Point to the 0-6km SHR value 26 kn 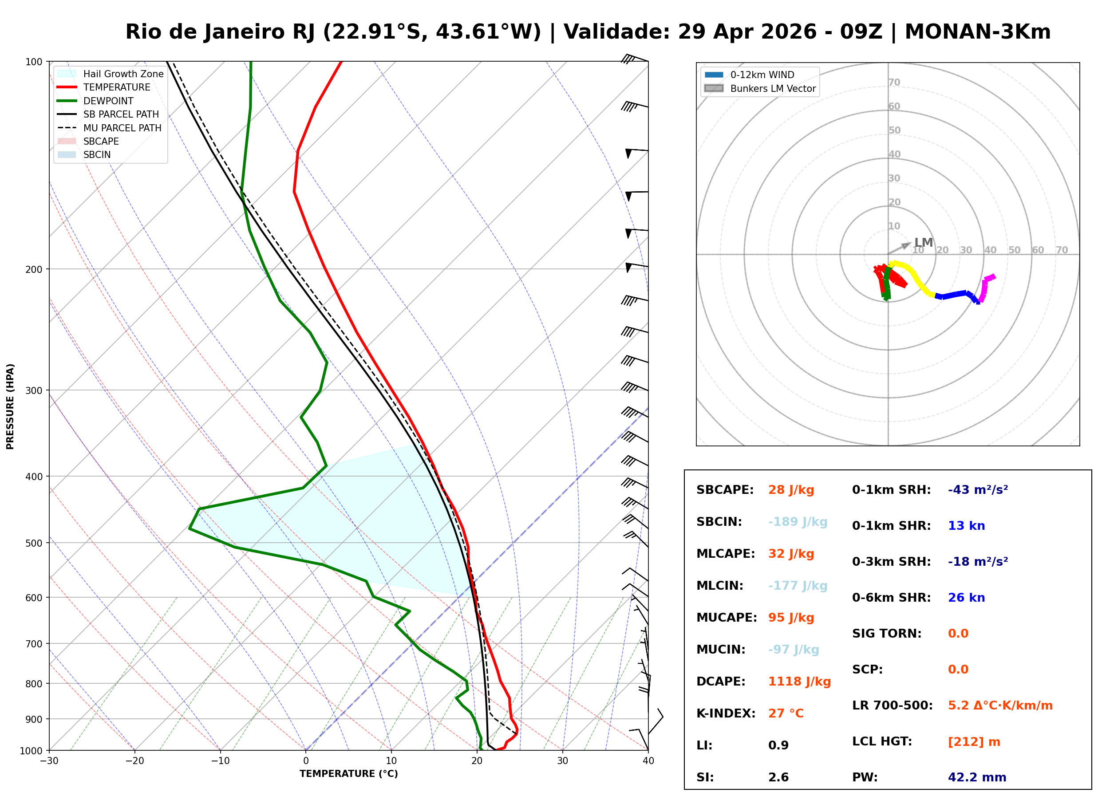966,598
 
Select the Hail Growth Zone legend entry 123,74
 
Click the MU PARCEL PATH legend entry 122,128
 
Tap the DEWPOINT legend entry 108,101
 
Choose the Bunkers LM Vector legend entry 772,88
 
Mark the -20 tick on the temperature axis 134,761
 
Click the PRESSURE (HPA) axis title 10,406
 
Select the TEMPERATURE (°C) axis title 348,774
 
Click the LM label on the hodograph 923,243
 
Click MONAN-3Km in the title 977,32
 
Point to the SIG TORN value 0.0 957,634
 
